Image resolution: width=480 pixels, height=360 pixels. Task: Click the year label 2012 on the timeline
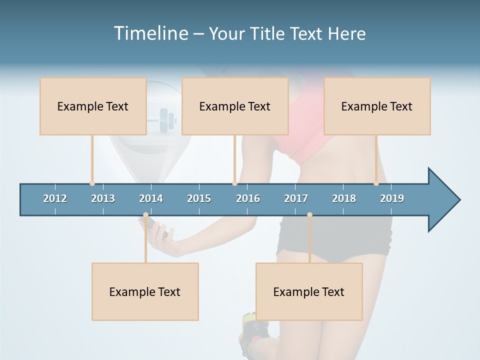coord(55,198)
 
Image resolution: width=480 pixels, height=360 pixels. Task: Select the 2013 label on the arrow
coord(103,198)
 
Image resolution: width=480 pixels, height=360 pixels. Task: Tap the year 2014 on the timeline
coord(151,198)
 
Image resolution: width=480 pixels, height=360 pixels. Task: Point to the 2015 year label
coord(199,198)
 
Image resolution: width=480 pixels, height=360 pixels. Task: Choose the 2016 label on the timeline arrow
coord(248,198)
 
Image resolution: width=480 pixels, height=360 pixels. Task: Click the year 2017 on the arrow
coord(296,198)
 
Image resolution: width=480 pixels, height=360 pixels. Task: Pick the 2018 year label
coord(344,198)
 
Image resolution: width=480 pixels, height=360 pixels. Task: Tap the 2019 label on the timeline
coord(392,198)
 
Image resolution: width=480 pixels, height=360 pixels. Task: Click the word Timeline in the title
coord(150,33)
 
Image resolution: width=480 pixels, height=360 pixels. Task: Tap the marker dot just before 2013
coord(92,183)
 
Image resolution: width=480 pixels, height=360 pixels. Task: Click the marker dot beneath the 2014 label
coord(145,215)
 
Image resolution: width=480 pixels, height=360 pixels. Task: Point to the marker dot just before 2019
coord(376,183)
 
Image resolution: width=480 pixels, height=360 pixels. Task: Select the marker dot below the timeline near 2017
coord(309,215)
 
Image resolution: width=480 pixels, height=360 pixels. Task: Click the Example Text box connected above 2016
coord(235,106)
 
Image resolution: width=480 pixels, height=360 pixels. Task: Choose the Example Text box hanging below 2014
coord(145,291)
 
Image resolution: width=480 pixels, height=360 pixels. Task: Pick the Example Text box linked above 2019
coord(377,106)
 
